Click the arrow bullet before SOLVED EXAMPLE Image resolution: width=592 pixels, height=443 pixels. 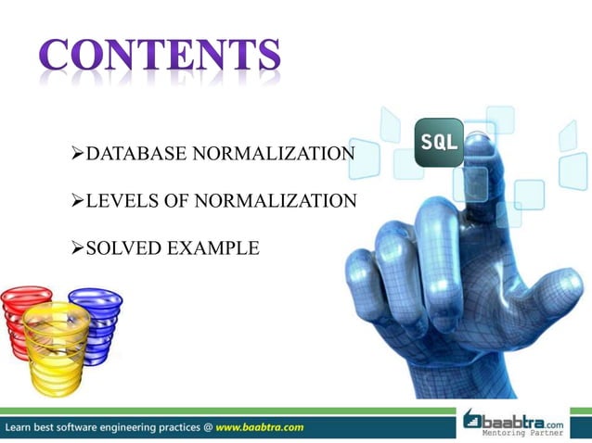click(78, 248)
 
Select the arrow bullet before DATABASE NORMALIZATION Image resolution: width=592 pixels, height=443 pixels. click(78, 153)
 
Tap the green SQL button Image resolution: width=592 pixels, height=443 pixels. click(438, 143)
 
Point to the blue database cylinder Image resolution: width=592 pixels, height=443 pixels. click(96, 320)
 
